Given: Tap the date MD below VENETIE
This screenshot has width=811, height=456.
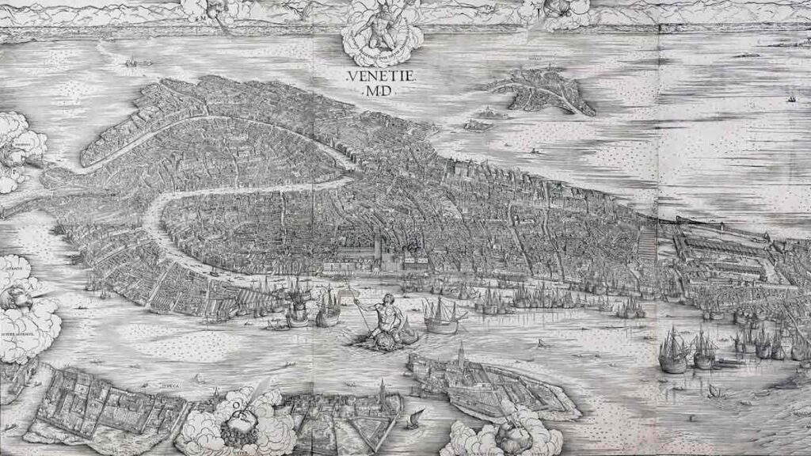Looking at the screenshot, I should click(376, 92).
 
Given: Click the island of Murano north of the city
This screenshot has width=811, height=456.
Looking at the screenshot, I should click(543, 89).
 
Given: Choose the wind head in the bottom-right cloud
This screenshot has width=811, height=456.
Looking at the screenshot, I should click(507, 434).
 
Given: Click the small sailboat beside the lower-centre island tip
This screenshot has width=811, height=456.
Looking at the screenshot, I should click(411, 420).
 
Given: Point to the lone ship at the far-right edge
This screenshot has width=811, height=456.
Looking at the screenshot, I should click(790, 99).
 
